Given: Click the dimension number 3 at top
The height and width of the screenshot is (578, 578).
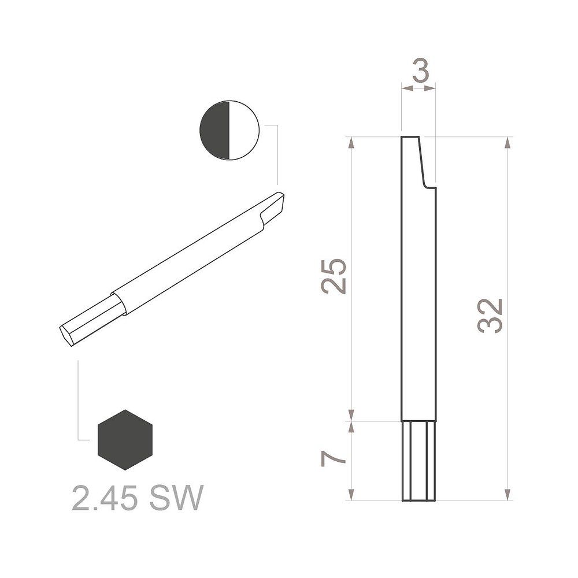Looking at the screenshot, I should coord(419,72).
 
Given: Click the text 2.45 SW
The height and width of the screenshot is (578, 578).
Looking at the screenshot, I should coord(138,498).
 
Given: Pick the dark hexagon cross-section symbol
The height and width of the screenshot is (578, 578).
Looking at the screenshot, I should coord(125,440).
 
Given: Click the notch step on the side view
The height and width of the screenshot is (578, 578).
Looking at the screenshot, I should coord(429,186).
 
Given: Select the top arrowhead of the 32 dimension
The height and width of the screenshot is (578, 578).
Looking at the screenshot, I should coord(507,142).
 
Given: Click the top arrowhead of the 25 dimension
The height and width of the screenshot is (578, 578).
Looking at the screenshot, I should coord(351,142).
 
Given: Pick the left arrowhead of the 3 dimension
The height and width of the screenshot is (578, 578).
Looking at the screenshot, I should coord(405,88).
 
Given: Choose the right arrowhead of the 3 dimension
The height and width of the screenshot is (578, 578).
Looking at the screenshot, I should coord(432,88).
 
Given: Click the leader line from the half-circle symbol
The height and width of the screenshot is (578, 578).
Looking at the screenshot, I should coord(278,150).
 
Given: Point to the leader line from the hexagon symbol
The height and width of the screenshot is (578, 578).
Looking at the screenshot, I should coord(79,405).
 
